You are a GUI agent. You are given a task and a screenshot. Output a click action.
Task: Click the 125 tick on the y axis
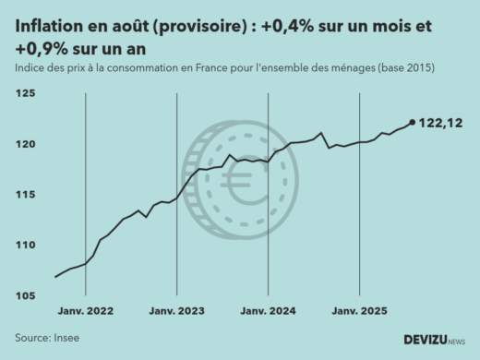[x=25, y=94]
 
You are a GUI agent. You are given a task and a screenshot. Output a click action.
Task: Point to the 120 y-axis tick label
[x=25, y=145]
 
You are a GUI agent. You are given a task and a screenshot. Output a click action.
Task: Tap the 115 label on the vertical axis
[x=25, y=195]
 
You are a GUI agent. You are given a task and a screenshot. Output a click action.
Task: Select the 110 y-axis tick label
[x=25, y=246]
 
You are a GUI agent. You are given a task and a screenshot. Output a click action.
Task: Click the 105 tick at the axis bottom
[x=25, y=295]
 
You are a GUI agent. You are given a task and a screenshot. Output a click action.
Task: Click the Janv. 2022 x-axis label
[x=85, y=312]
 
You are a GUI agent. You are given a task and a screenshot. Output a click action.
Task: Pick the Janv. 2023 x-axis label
[x=176, y=312]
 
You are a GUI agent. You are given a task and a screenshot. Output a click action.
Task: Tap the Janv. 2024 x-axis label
[x=268, y=312]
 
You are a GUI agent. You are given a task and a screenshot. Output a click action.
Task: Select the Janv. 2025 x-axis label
[x=359, y=312]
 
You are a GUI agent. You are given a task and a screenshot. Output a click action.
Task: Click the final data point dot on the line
[x=412, y=122]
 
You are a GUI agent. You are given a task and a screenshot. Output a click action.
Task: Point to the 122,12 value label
[x=441, y=122]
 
